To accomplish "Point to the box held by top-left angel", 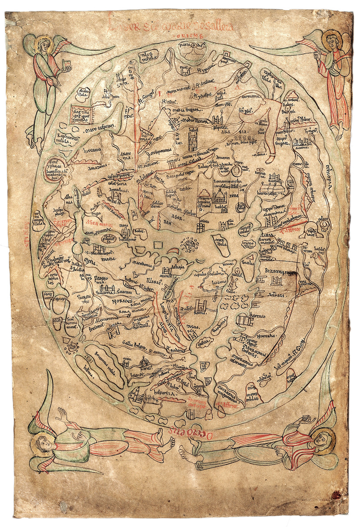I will tap(67, 66).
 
